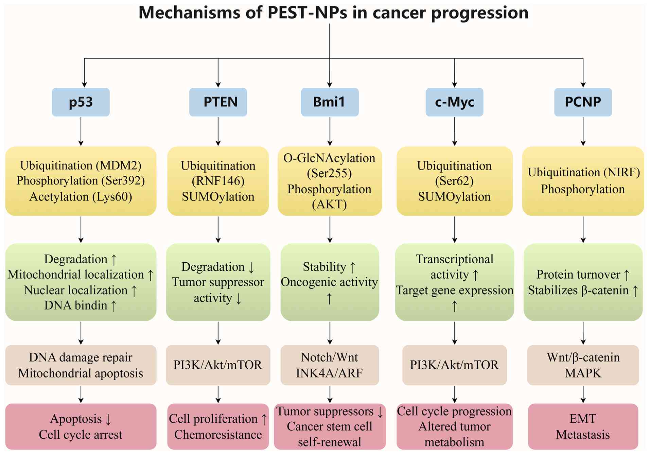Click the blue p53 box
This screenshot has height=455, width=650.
[81, 102]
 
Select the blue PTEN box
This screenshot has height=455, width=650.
[218, 102]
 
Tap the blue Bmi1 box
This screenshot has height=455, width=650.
[330, 102]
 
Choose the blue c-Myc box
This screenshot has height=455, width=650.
[455, 102]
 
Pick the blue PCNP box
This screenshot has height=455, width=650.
[583, 102]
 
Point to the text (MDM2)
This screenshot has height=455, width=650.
[119, 165]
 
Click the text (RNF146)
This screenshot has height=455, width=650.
[218, 181]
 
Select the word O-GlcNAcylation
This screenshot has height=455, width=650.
[330, 158]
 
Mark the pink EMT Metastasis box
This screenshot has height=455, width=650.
[583, 426]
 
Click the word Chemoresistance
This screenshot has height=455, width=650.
[218, 435]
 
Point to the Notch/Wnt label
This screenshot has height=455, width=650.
[330, 357]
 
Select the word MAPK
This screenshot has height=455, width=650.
[583, 373]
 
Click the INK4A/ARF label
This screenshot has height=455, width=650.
[330, 373]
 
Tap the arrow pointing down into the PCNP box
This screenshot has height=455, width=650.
[583, 73]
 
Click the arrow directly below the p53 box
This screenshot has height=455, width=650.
[81, 132]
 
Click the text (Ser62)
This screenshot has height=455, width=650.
[455, 181]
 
